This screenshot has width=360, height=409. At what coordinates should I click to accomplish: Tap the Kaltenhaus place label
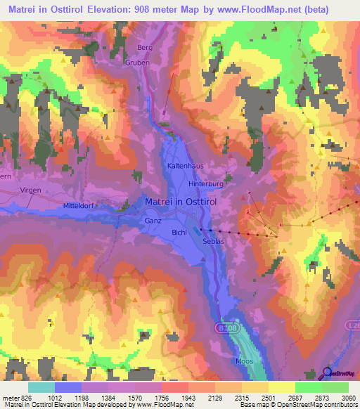184,165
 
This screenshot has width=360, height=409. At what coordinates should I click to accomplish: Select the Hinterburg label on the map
205,183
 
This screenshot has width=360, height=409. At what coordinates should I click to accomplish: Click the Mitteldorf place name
78,205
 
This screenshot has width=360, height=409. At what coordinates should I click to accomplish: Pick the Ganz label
153,220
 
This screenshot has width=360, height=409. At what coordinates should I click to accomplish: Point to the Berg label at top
145,47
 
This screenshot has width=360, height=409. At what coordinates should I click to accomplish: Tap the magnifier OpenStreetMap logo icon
327,373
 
